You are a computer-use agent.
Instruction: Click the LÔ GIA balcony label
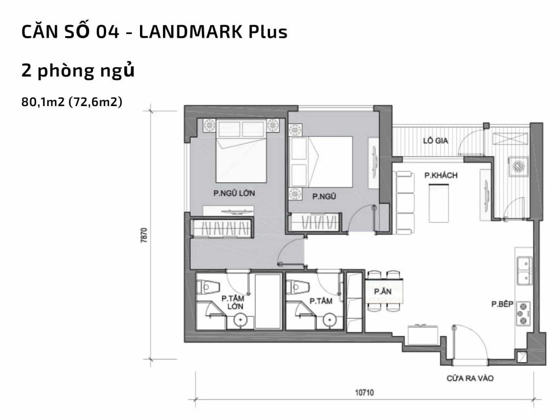click(x=435, y=141)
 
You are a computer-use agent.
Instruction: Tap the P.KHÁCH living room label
click(x=440, y=176)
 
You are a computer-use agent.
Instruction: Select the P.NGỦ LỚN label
click(x=234, y=193)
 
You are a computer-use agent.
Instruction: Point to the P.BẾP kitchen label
click(x=501, y=305)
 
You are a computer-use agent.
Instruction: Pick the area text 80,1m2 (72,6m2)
click(x=71, y=101)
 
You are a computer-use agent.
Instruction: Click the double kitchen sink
click(x=524, y=271)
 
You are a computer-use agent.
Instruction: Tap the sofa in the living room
click(x=404, y=202)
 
